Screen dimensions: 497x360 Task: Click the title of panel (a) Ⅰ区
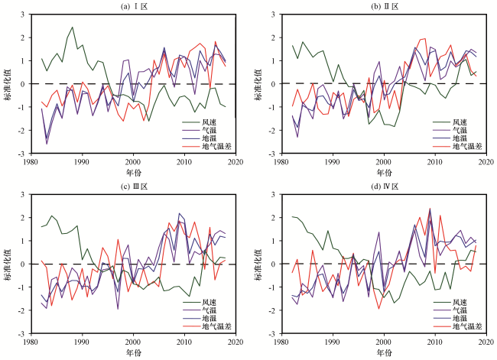(x=134, y=6)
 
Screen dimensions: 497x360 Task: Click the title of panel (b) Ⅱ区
(x=385, y=6)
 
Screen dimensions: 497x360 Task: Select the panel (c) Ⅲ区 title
(x=134, y=186)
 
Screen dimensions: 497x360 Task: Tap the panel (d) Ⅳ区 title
(x=385, y=186)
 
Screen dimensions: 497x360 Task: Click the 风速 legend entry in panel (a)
(x=200, y=122)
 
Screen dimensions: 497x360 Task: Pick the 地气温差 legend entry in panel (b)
(x=458, y=146)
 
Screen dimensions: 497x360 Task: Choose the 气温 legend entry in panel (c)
(x=200, y=310)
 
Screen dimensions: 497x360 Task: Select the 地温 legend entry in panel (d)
(x=450, y=318)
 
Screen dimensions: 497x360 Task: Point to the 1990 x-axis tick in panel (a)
(x=82, y=162)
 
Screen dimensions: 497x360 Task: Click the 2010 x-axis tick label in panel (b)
(x=435, y=162)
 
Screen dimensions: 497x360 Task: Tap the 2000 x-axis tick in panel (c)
(x=133, y=342)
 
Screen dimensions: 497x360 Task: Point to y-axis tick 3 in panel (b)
(x=276, y=15)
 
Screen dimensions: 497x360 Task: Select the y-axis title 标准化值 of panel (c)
(x=8, y=264)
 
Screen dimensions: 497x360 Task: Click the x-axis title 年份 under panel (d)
(x=384, y=352)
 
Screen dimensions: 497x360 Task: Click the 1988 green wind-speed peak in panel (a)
(x=73, y=27)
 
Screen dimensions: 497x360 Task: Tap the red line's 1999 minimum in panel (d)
(x=378, y=308)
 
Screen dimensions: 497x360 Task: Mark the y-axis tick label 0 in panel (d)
(x=276, y=264)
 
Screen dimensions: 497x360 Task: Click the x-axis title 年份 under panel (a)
(x=134, y=173)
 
